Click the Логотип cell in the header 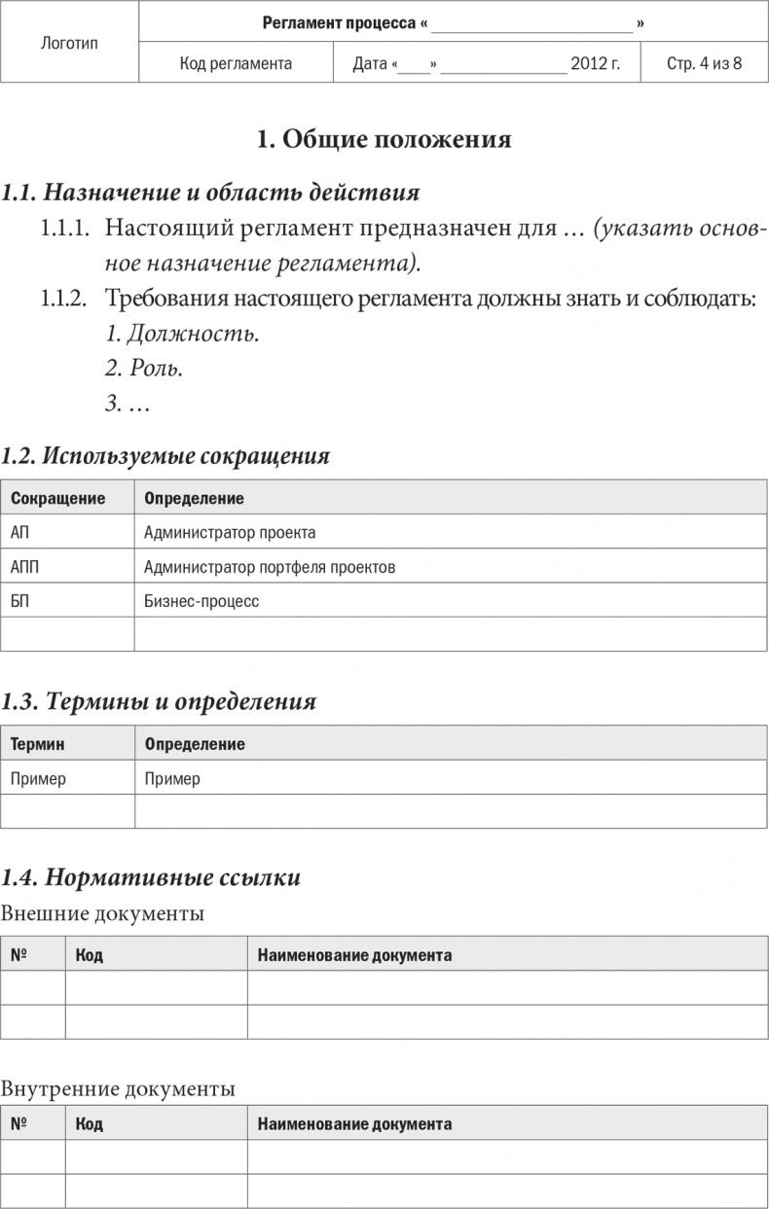coord(70,43)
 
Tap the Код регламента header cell coord(236,64)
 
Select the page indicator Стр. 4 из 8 coord(704,64)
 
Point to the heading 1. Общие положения coord(384,139)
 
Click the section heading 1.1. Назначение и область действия coord(210,192)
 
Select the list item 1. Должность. coord(182,335)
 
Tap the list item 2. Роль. coord(144,369)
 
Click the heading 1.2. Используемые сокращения coord(165,455)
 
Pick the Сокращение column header coord(57,498)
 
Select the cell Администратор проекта coord(230,532)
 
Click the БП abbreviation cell coord(19,600)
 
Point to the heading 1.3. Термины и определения coord(159,701)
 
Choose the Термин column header coord(37,744)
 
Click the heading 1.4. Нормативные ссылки coord(151,877)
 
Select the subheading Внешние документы coord(102,913)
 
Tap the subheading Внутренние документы coord(118,1087)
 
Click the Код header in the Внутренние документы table coord(89,1123)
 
